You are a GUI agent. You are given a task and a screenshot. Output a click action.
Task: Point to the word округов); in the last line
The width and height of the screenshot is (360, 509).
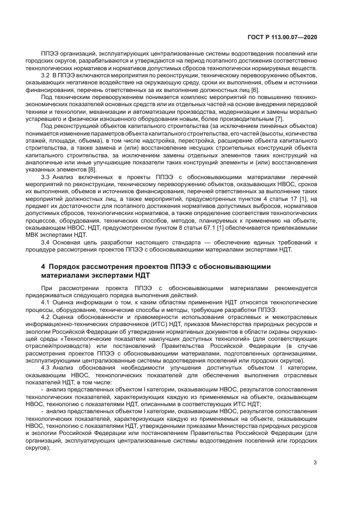click(53, 447)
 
